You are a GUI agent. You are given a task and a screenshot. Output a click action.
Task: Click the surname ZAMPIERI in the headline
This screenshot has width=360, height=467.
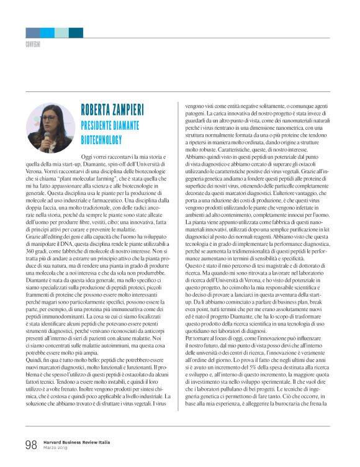pos(133,111)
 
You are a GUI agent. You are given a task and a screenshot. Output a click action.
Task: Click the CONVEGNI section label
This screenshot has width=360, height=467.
pos(34,45)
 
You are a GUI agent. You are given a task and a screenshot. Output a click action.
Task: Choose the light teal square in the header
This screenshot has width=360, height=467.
pos(61,33)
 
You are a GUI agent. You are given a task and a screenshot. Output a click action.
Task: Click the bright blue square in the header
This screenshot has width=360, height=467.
pos(47,33)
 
